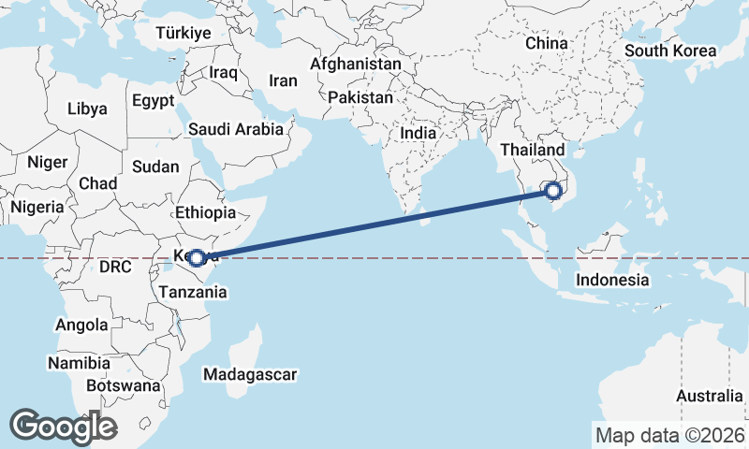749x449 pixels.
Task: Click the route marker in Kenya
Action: [x=197, y=257]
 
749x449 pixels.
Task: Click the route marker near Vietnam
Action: [x=554, y=192]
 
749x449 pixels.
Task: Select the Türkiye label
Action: [x=184, y=33]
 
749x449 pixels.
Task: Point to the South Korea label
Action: [x=670, y=51]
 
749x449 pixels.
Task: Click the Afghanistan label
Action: [x=356, y=65]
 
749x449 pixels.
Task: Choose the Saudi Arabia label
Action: [x=235, y=130]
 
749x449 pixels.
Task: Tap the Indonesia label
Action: [x=612, y=280]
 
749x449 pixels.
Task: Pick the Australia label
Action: [x=709, y=397]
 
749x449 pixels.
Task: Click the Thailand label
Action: [x=532, y=151]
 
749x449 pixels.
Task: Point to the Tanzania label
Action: [x=193, y=292]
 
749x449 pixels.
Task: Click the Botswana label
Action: [x=125, y=385]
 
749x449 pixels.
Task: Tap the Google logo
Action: [x=63, y=426]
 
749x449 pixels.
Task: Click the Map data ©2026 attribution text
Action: [x=669, y=435]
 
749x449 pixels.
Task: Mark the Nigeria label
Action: [x=38, y=207]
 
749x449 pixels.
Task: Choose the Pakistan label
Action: [x=360, y=97]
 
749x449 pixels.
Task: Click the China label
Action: [x=547, y=44]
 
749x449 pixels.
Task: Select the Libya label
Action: [x=87, y=109]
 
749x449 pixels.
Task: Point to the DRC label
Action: [x=113, y=267]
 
